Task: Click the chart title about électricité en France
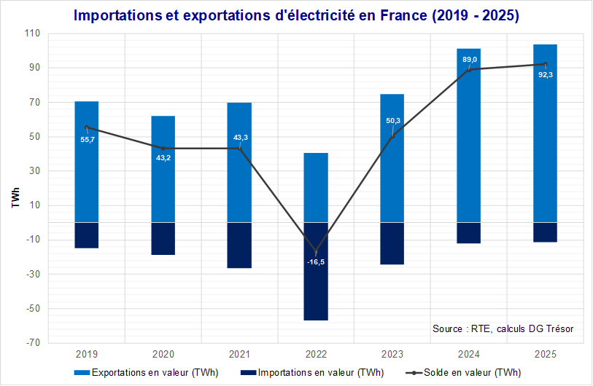[x=295, y=16]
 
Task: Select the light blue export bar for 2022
[x=316, y=187]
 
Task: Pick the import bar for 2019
[x=87, y=235]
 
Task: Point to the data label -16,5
[x=316, y=261]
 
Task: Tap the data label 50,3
[x=392, y=121]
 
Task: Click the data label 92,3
[x=546, y=74]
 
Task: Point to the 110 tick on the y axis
[x=34, y=34]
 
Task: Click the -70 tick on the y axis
[x=34, y=343]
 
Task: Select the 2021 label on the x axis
[x=239, y=355]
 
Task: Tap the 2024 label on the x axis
[x=469, y=355]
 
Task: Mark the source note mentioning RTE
[x=503, y=328]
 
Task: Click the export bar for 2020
[x=163, y=169]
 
